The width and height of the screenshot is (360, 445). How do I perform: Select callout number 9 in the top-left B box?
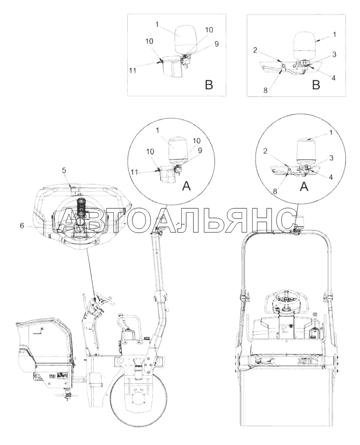pos(217,44)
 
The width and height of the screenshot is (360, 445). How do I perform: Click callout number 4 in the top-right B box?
pos(334,78)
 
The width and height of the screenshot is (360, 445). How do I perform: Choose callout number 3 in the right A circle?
pos(331,158)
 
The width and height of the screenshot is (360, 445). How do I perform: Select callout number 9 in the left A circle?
pos(200,151)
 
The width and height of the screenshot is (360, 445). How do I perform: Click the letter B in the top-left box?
pos(209,85)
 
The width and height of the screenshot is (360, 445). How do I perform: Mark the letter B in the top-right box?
pos(316,85)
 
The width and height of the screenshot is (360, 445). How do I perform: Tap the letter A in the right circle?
pos(304,186)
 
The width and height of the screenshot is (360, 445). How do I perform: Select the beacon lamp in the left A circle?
pos(176,151)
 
